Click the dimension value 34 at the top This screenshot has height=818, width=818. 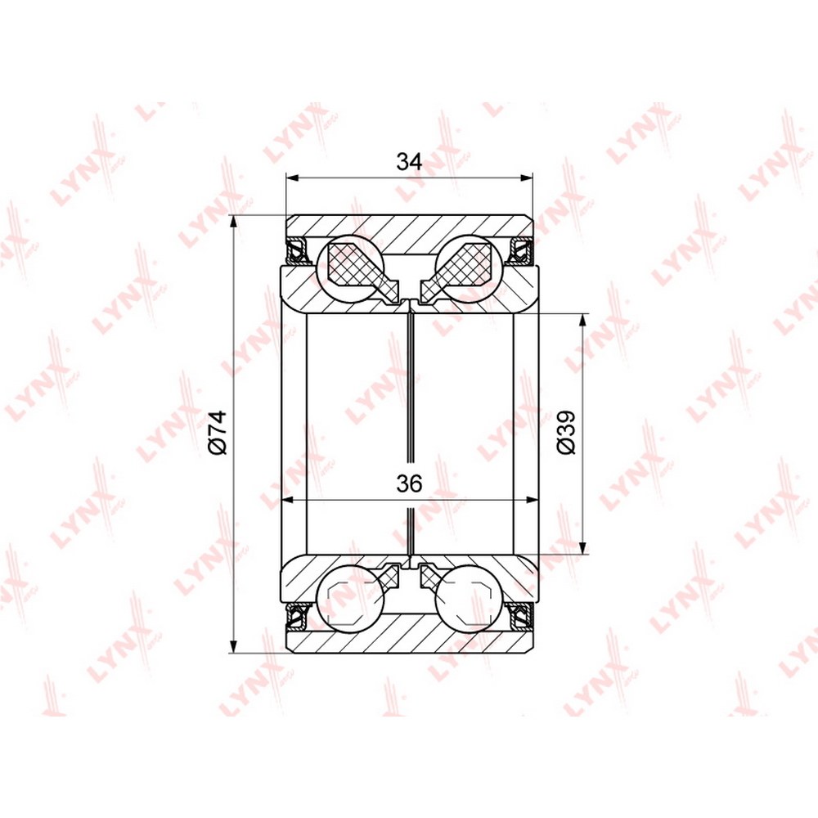pyautogui.click(x=409, y=162)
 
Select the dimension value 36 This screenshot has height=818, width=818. pyautogui.click(x=409, y=484)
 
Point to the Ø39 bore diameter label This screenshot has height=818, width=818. pyautogui.click(x=565, y=432)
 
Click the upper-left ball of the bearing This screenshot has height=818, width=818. pyautogui.click(x=351, y=267)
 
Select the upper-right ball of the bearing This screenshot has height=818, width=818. pyautogui.click(x=470, y=267)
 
